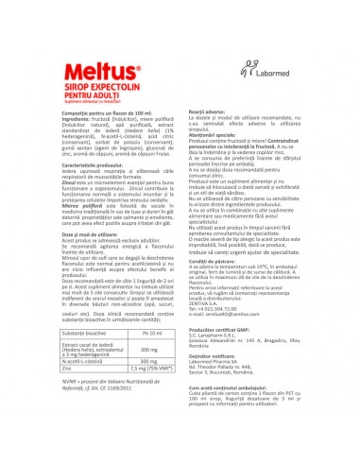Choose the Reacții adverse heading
pyautogui.click(x=203, y=110)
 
